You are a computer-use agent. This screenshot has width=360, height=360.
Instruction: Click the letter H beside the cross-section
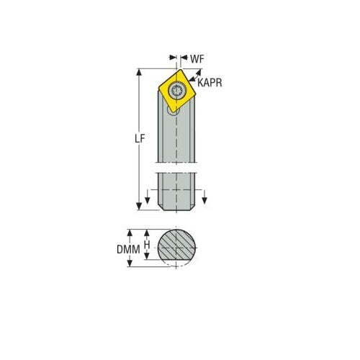pyautogui.click(x=147, y=246)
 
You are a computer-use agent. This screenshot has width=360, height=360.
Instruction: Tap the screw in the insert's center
pyautogui.click(x=178, y=89)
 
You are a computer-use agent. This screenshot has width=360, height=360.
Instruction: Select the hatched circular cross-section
pyautogui.click(x=177, y=248)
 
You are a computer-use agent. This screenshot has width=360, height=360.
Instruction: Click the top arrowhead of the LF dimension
pyautogui.click(x=140, y=73)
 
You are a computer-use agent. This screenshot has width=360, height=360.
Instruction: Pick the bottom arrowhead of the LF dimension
pyautogui.click(x=140, y=206)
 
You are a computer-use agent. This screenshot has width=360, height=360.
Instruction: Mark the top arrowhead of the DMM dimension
pyautogui.click(x=130, y=233)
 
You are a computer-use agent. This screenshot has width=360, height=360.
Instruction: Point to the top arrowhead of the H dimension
pyautogui.click(x=147, y=233)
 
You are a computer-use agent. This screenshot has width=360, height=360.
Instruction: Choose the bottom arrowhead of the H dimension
pyautogui.click(x=147, y=258)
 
